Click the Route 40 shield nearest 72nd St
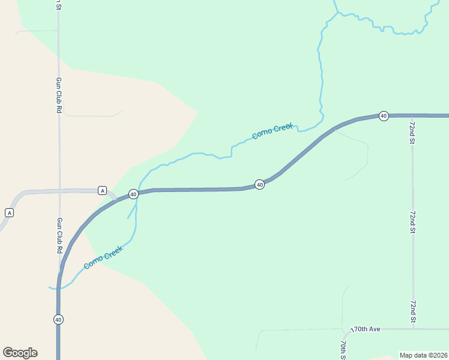pos(384,115)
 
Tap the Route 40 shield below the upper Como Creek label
pos(259,184)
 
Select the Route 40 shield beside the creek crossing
pos(133,194)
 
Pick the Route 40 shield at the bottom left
pos(58,319)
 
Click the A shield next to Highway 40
pos(102,191)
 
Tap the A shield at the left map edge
pos(9,212)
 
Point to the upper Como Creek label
pos(272,130)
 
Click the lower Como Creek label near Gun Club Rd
pos(103,257)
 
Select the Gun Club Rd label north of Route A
pos(59,95)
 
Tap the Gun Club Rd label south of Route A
pos(59,235)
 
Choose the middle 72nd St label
pos(412,221)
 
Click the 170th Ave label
pos(366,329)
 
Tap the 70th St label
pos(343,349)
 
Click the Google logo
pos(20,353)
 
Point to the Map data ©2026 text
pos(424,355)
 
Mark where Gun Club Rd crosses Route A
pos(59,191)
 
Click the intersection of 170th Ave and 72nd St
pos(412,329)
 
